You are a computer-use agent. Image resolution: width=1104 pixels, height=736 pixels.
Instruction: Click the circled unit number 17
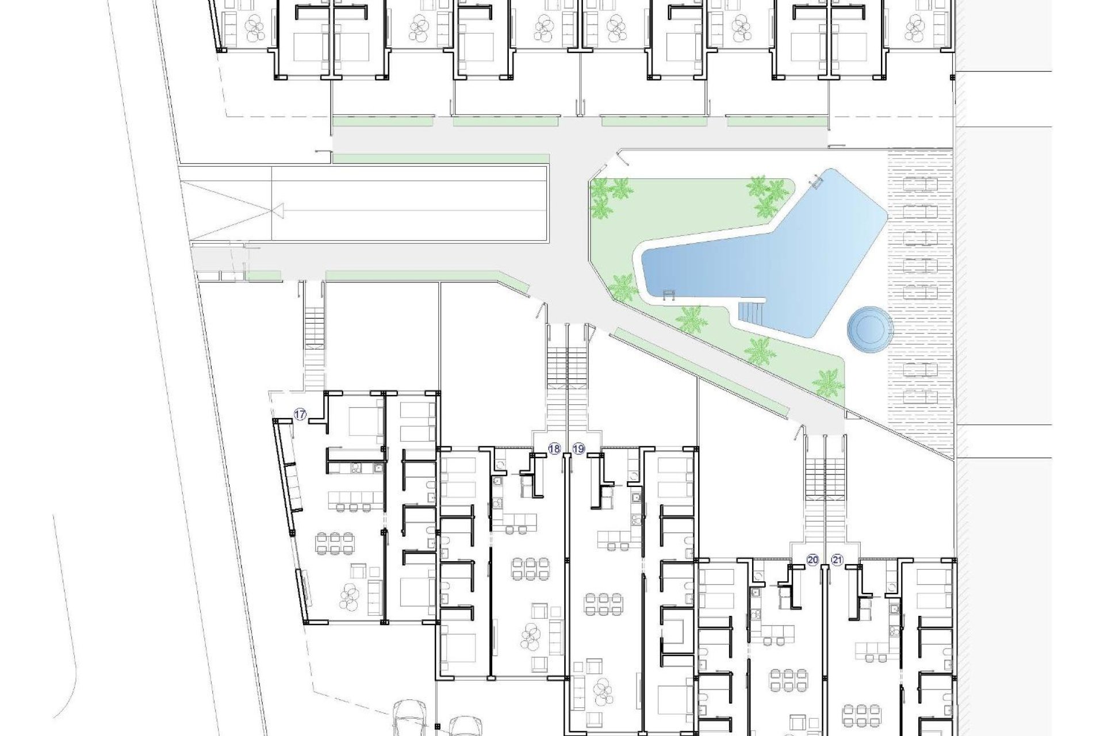(x=300, y=414)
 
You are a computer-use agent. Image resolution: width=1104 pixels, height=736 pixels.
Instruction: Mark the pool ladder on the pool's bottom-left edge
(x=669, y=296)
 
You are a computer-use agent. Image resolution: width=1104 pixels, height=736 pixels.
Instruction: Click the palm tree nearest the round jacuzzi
(x=827, y=381)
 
